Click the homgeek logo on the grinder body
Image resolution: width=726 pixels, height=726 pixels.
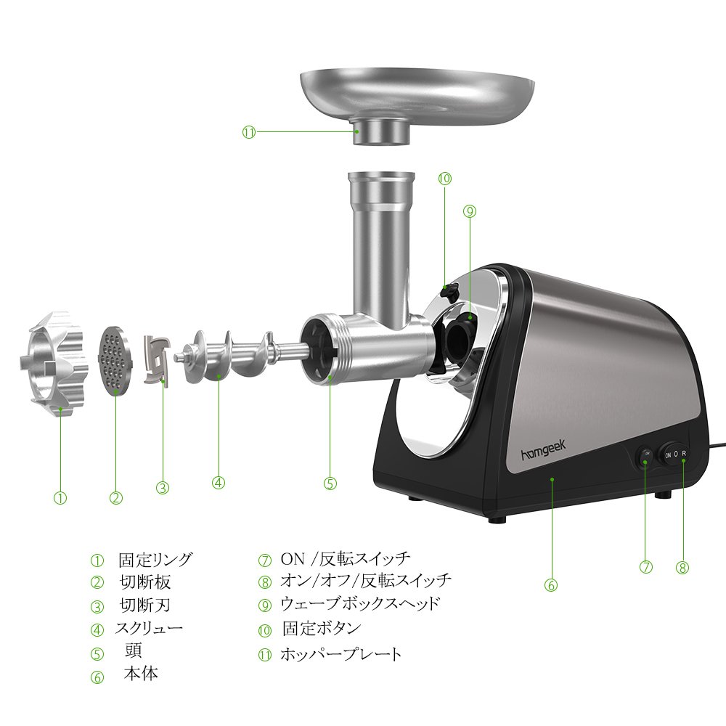[544, 451]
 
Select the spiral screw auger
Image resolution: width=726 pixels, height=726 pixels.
[241, 355]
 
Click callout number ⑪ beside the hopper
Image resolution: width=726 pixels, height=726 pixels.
[249, 132]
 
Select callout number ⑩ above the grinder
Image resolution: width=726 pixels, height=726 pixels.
[444, 179]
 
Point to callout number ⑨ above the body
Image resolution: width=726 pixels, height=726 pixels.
[470, 211]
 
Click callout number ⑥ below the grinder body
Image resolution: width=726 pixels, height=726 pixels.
[550, 585]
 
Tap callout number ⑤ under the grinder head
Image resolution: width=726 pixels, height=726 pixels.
[330, 484]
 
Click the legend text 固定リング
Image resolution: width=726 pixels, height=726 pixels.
[155, 560]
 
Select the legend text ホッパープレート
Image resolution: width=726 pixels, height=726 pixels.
[340, 654]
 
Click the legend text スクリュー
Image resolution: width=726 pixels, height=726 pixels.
[149, 628]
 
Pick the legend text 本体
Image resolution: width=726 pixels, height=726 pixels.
[141, 673]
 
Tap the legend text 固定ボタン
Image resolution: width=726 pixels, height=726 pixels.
[322, 628]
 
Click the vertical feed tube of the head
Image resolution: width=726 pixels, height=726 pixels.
[381, 245]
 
